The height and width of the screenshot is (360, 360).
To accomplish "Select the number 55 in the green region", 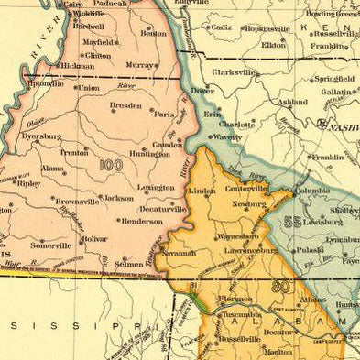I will pos(293,221).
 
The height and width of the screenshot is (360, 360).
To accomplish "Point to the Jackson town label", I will pos(116,198).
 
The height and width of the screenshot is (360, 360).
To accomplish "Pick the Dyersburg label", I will pos(41,136).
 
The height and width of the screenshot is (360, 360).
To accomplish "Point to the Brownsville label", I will pos(76,201).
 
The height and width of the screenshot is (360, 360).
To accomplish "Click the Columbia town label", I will pos(312,191).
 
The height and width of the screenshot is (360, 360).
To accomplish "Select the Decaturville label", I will pos(162,209).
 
